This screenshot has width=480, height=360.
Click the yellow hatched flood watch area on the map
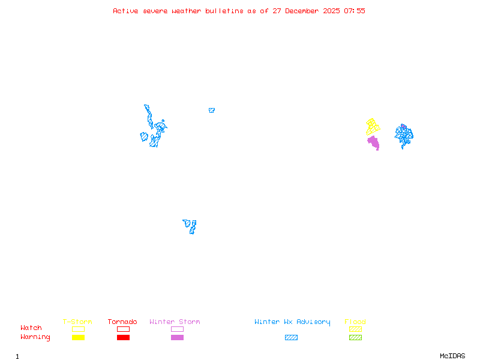click(373, 127)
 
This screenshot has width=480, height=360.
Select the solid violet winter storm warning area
click(374, 143)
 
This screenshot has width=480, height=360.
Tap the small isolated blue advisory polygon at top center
click(211, 110)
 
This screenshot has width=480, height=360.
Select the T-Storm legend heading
click(77, 322)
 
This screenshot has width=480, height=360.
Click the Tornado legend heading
click(122, 322)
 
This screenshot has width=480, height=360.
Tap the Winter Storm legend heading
click(175, 322)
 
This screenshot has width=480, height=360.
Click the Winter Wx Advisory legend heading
click(292, 322)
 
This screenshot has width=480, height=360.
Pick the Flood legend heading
click(355, 322)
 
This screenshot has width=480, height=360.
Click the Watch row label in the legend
click(31, 328)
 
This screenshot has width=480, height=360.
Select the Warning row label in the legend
click(35, 337)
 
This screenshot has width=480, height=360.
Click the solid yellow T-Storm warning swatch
click(78, 338)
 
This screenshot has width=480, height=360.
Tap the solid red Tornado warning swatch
click(123, 338)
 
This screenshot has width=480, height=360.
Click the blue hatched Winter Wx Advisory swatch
click(291, 338)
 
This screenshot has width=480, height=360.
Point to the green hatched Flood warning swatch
click(355, 338)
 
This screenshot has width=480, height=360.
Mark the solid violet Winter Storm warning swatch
click(177, 338)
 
